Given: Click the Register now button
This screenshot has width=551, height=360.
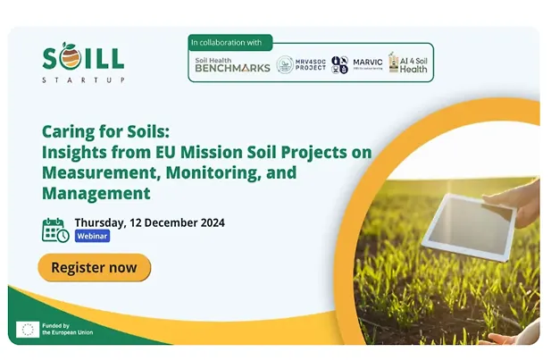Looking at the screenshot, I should (94, 267).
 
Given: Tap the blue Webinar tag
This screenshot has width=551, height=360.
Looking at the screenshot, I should (92, 237).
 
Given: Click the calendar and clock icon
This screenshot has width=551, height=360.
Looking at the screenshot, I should (55, 230).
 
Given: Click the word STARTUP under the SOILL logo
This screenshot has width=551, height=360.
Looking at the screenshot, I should (84, 80).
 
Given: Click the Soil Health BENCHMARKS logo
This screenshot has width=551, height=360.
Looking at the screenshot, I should (232, 64).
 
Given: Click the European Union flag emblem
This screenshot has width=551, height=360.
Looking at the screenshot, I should (26, 330).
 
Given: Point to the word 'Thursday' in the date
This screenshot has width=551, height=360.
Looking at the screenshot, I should (101, 222).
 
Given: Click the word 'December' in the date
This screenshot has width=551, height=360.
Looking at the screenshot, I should (170, 222).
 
